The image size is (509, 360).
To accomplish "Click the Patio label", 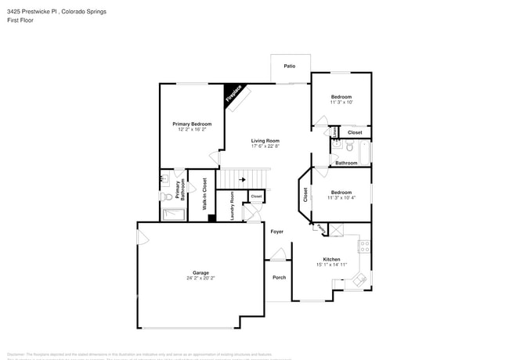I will pos(290,67).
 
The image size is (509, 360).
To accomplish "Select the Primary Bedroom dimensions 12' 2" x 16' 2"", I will pos(192,130).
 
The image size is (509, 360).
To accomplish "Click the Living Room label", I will pos(265,141).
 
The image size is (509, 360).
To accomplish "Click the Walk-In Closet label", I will pos(204,194).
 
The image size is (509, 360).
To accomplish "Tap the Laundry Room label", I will pos(233,206).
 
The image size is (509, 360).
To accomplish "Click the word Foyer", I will pos(277,232).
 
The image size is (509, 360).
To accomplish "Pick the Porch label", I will pos(279,278).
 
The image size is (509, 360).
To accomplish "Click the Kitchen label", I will pos(332,259).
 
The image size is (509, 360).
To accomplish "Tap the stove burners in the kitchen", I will pos(364,246).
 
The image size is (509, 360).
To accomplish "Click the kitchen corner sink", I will pos(360,279).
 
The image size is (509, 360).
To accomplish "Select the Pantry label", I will pos(322,228).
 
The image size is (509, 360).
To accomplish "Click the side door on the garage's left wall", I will pos(142,236).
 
